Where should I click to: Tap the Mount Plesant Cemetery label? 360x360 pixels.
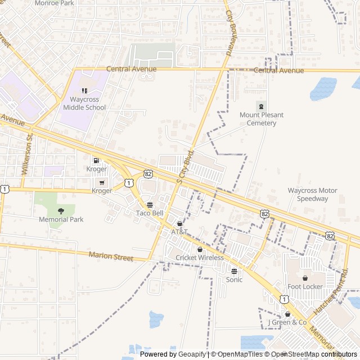click(262, 119)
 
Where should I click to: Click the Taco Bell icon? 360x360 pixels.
click(150, 205)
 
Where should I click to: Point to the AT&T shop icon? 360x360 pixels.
click(179, 223)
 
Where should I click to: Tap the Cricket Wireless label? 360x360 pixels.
click(199, 258)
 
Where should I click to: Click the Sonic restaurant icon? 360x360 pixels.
click(234, 271)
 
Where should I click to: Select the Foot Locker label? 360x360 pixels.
click(305, 286)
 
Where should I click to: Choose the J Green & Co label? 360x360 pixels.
click(287, 322)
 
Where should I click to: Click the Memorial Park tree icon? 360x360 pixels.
click(61, 210)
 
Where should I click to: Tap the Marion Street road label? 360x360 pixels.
click(111, 256)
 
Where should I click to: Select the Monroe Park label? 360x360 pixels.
click(54, 3)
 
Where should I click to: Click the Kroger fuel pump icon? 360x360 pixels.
click(96, 160)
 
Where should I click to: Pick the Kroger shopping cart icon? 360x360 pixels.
click(102, 182)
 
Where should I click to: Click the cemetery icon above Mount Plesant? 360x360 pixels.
click(261, 106)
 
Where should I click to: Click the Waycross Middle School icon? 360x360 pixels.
click(84, 91)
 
